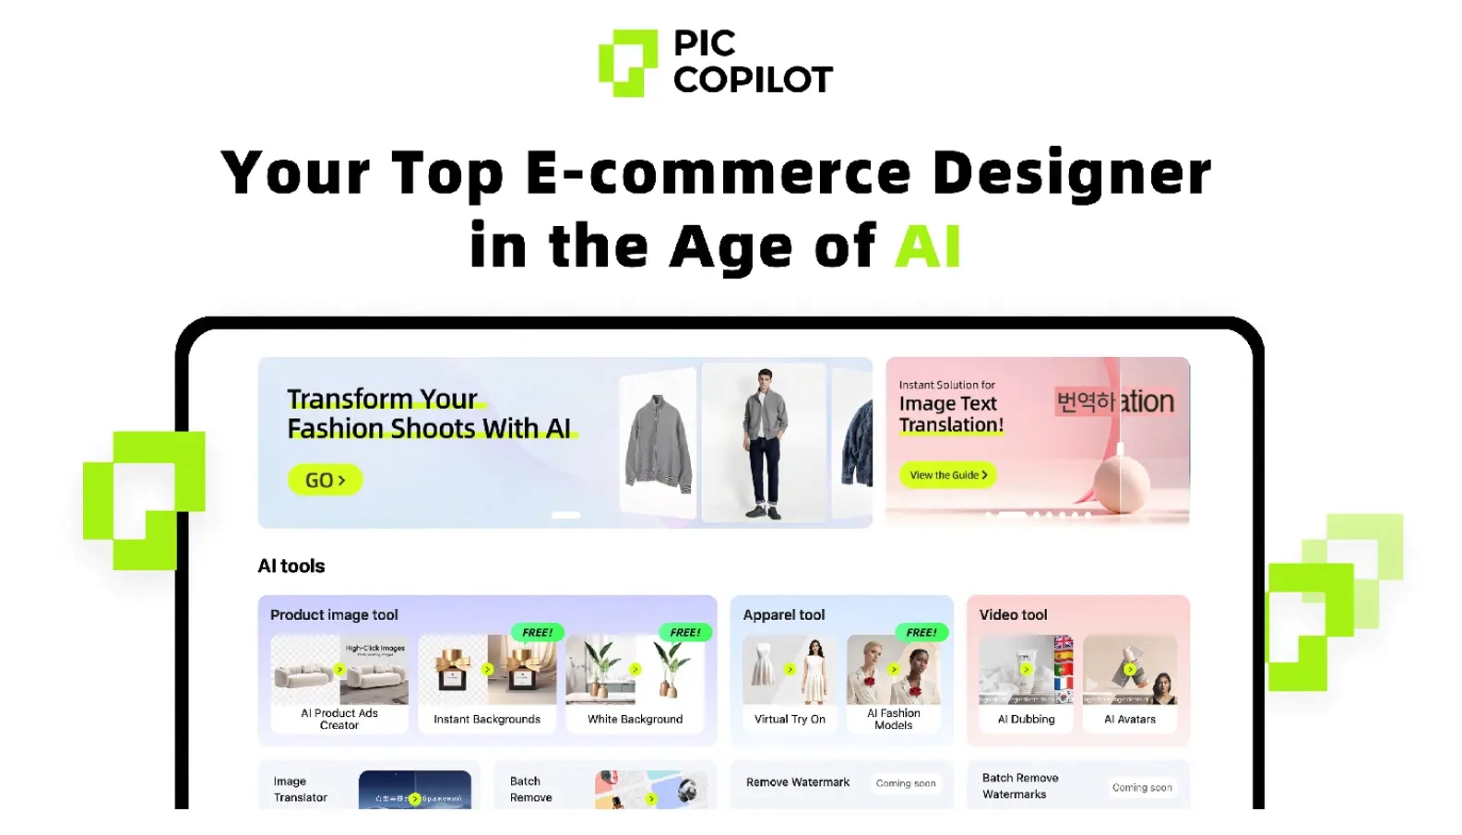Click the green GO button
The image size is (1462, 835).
[x=325, y=480]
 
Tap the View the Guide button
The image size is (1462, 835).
[x=947, y=475]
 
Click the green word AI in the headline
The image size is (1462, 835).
[x=928, y=246]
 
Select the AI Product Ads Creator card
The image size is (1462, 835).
[x=339, y=684]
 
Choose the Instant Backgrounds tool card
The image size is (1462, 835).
[x=487, y=684]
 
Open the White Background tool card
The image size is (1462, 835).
[x=636, y=684]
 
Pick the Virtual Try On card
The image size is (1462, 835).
[x=790, y=684]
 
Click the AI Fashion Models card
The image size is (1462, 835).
[x=893, y=684]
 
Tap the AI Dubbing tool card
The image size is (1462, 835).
[x=1026, y=684]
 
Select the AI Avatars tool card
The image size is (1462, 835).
[x=1130, y=684]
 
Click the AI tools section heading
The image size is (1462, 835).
[x=291, y=566]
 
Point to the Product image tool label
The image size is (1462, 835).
[x=334, y=614]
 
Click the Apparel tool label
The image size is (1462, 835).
[x=784, y=614]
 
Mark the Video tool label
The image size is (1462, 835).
[x=1013, y=614]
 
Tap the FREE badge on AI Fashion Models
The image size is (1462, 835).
[x=921, y=632]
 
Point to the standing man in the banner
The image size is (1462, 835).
[x=765, y=443]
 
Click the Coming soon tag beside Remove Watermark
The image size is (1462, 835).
[x=906, y=783]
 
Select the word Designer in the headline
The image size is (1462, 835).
[x=1071, y=173]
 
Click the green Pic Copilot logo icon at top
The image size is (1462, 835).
[x=628, y=63]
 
